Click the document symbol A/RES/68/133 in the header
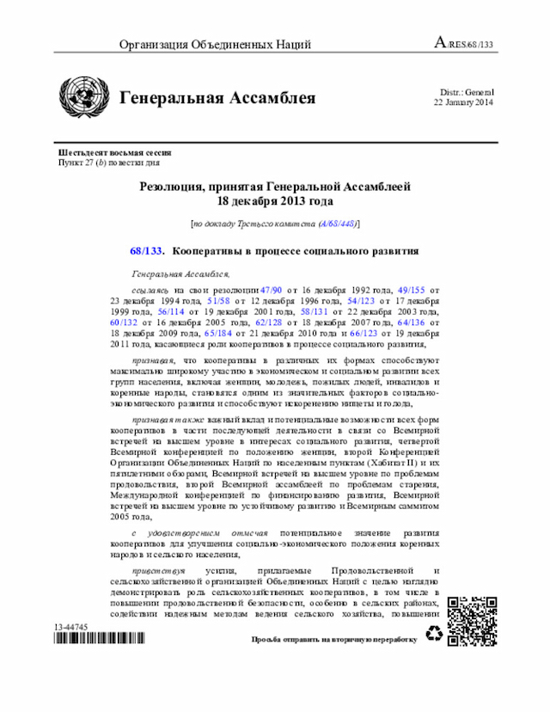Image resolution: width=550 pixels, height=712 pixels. (464, 44)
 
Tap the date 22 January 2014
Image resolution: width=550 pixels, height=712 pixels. (463, 102)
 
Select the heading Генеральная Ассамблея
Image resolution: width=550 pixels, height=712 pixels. (217, 98)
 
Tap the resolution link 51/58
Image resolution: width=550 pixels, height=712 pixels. (220, 303)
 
